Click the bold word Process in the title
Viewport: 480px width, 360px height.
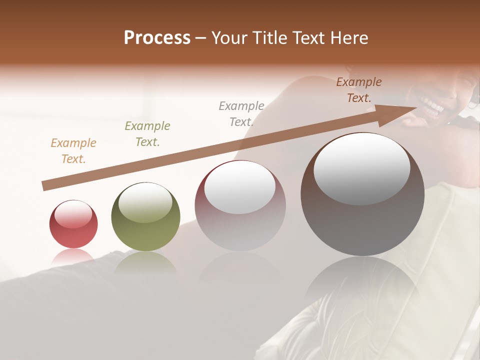157,38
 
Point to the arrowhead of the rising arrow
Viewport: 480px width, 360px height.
395,114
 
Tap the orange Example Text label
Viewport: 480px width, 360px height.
73,151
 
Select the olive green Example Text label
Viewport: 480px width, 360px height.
147,134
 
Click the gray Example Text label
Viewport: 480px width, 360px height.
241,114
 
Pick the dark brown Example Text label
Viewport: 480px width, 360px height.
359,90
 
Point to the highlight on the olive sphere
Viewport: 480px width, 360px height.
145,202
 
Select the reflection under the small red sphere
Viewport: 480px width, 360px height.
73,257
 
